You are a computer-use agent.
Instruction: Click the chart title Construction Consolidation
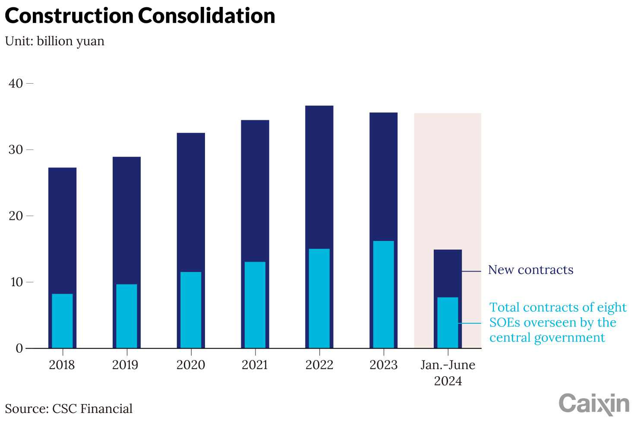tap(140, 16)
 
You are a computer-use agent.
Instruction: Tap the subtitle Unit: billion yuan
tap(55, 41)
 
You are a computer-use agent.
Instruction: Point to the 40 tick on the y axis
tap(16, 83)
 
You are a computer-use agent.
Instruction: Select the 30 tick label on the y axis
tap(16, 150)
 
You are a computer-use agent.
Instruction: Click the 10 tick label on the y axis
tap(16, 282)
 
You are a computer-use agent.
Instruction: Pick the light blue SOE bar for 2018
tap(62, 321)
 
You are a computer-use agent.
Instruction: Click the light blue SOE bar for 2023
tap(383, 294)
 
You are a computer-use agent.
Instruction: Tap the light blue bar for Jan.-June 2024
tap(448, 322)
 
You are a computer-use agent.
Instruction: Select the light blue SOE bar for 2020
tap(191, 310)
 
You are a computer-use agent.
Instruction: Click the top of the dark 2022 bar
tap(319, 107)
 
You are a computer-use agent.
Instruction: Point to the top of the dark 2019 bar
tap(126, 158)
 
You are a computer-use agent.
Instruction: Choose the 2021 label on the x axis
tap(255, 365)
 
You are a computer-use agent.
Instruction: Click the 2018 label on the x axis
tap(62, 365)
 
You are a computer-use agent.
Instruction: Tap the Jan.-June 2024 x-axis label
tap(448, 373)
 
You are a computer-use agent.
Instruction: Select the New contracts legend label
tap(530, 270)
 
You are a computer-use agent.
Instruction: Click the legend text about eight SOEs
tap(557, 322)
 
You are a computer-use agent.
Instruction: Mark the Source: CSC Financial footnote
tap(69, 409)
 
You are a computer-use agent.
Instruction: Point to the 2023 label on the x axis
tap(383, 365)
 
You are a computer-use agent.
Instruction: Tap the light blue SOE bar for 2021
tap(255, 305)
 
